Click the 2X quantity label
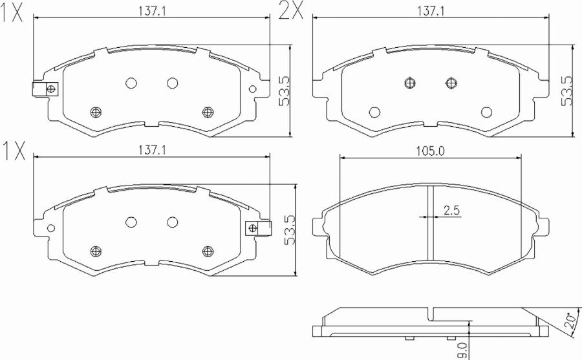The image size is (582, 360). (x=290, y=11)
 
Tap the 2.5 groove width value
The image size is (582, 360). (x=451, y=209)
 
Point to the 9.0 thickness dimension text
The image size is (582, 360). (x=461, y=350)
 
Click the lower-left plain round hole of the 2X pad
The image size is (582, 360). (x=374, y=111)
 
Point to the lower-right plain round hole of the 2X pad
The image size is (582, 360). (x=486, y=111)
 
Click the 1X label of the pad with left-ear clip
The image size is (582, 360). (x=12, y=13)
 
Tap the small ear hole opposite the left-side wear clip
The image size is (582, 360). (x=252, y=89)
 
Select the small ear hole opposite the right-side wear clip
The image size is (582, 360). (x=50, y=228)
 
